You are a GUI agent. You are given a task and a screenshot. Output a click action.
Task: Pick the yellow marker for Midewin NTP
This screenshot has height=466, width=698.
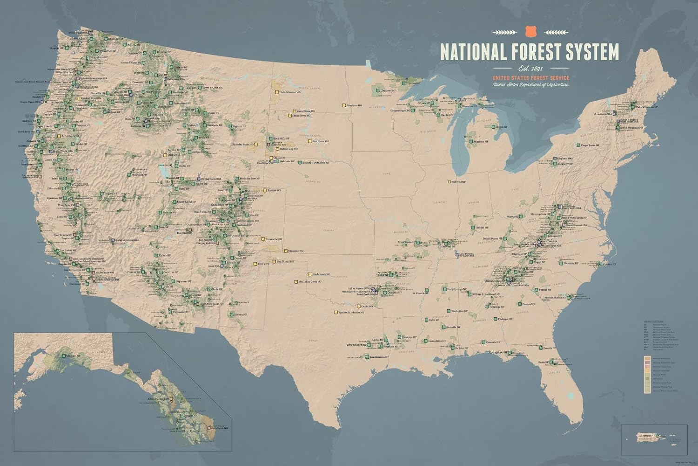pos(450,182)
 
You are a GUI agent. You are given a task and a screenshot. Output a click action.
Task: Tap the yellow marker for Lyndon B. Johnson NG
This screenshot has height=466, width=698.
pos(336,312)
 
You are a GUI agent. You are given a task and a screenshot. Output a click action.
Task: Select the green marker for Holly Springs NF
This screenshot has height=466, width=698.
pos(443,289)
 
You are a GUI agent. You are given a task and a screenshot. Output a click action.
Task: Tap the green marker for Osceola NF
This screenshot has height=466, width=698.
pos(540,348)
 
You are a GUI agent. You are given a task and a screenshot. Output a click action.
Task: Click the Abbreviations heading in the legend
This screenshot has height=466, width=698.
pos(654,321)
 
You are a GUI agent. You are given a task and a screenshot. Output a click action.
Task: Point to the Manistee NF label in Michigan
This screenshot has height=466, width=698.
pos(482,141)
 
